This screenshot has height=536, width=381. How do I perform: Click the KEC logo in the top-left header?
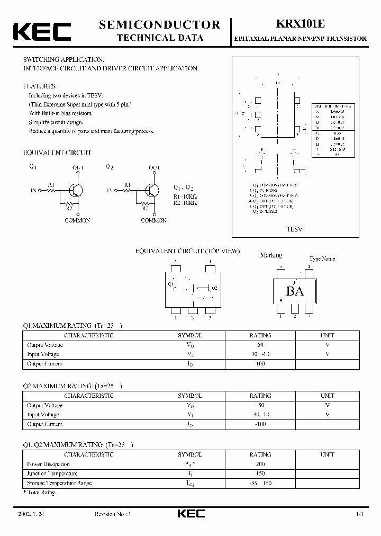click(42, 31)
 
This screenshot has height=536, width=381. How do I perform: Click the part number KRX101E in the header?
click(301, 24)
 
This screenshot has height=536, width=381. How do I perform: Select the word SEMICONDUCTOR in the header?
click(159, 24)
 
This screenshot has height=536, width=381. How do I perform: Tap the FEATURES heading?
click(39, 86)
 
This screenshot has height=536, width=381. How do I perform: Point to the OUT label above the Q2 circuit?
click(153, 168)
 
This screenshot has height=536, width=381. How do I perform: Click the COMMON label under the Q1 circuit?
click(77, 220)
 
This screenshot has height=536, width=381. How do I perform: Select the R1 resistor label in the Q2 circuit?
click(128, 184)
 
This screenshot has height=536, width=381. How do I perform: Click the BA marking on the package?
click(295, 291)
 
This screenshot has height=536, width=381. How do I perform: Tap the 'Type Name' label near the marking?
click(322, 259)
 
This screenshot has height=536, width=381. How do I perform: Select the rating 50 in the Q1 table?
click(260, 345)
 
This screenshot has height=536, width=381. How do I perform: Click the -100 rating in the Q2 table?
click(260, 424)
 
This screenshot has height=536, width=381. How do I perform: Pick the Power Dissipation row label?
click(48, 464)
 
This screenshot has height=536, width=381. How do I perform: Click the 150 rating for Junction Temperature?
click(260, 474)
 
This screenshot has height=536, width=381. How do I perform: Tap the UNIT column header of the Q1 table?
click(327, 335)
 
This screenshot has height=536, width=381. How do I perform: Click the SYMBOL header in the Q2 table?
click(189, 396)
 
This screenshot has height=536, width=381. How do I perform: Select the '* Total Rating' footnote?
click(40, 493)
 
